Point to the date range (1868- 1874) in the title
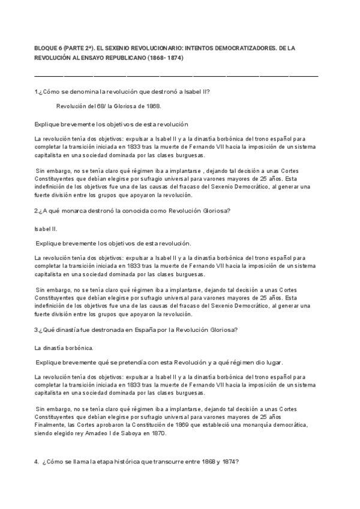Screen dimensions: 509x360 (x=163, y=58)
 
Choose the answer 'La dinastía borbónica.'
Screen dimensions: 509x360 (x=64, y=348)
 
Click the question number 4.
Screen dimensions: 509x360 (x=37, y=462)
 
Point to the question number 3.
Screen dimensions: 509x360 (x=36, y=330)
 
